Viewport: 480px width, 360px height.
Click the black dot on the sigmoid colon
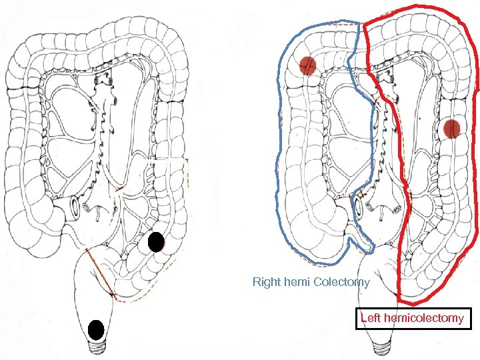pos(156,242)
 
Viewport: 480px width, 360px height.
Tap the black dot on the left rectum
pos(96,330)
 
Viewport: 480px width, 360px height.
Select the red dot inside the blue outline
pos(307,65)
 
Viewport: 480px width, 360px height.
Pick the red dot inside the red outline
pos(452,128)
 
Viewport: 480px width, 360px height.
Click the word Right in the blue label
pos(265,282)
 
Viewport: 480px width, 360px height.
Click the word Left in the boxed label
pos(370,318)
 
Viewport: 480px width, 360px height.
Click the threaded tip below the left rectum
pos(98,349)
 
